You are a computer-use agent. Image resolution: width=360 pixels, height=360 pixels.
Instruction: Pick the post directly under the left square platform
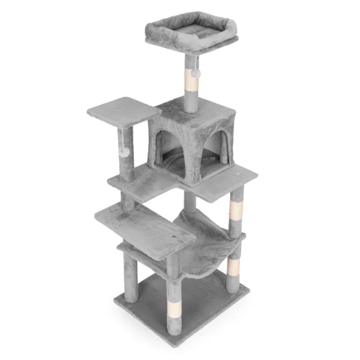pos(127,153)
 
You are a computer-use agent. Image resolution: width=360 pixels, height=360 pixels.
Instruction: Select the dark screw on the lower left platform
pos(174,238)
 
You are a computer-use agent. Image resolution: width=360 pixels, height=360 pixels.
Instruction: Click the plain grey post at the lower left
pos(131,278)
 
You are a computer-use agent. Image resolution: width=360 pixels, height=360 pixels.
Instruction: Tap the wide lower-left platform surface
pos(141,225)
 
